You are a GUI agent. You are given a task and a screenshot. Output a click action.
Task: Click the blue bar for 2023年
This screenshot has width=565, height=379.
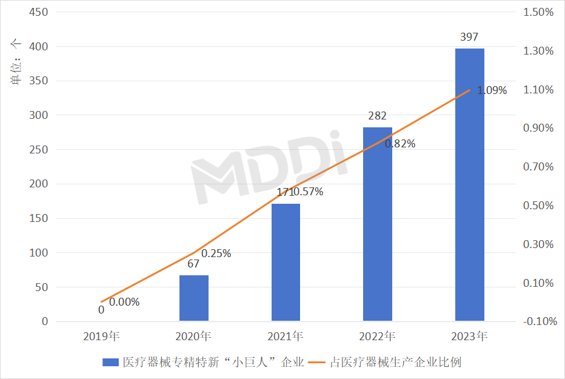coord(469,184)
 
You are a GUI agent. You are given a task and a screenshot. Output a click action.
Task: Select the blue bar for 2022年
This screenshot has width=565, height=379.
coord(377,224)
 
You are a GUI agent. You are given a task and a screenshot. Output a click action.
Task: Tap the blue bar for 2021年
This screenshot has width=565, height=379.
coord(286,262)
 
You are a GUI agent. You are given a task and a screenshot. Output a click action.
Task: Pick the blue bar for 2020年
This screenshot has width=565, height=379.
coord(194,298)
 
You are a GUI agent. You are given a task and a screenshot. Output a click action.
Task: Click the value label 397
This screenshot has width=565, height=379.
coord(469,38)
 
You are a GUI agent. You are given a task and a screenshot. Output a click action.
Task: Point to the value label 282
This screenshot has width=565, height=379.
coord(377,116)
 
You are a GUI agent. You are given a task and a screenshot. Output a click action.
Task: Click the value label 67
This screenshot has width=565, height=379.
coord(194,264)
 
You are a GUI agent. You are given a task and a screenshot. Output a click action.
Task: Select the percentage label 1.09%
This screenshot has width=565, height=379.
coord(492,91)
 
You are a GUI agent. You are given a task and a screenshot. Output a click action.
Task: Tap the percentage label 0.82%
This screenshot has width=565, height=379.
coord(400,144)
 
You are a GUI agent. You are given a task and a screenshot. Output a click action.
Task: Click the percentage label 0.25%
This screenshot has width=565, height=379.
coord(216,253)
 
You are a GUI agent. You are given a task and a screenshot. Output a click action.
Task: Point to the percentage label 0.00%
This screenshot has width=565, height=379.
coord(124,302)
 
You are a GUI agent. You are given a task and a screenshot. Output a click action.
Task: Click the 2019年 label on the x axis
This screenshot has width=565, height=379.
coord(102,335)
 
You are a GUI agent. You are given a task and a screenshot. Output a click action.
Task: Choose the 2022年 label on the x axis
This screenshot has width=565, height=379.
coord(377,335)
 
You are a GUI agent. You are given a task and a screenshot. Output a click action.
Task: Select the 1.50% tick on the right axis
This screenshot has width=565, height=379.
coord(538,12)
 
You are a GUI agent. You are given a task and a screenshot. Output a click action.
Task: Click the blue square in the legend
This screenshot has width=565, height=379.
coord(110,363)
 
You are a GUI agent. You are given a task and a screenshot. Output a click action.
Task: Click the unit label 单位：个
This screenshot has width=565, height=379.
coord(16,61)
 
